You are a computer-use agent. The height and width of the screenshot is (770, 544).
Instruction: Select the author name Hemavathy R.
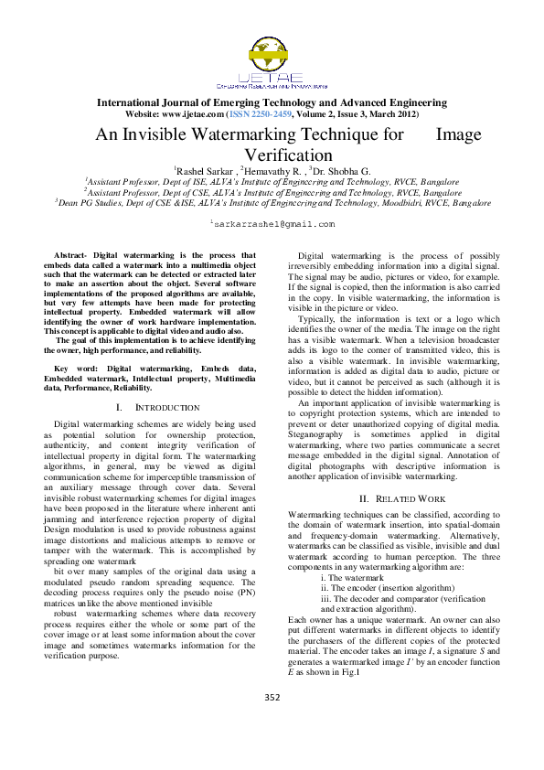(272, 170)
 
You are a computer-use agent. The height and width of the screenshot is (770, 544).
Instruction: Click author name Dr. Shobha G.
(341, 170)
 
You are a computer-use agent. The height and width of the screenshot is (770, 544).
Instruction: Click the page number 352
(272, 698)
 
